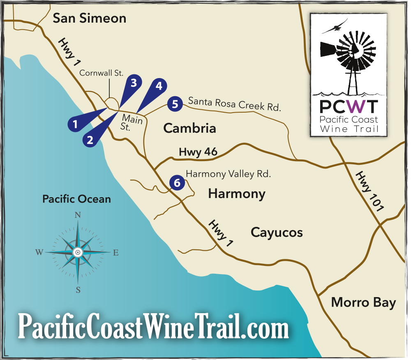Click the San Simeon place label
[90, 18]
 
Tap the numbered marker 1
[75, 123]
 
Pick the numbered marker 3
[133, 83]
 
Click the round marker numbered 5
[175, 104]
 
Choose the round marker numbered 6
[177, 182]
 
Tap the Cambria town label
[189, 128]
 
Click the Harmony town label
[237, 194]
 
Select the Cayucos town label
[277, 233]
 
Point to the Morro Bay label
[363, 303]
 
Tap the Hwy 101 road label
[369, 191]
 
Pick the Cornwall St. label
[102, 73]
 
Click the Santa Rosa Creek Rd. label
[234, 104]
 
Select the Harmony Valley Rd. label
[228, 174]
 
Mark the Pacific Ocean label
[76, 199]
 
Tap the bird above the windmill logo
[335, 27]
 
